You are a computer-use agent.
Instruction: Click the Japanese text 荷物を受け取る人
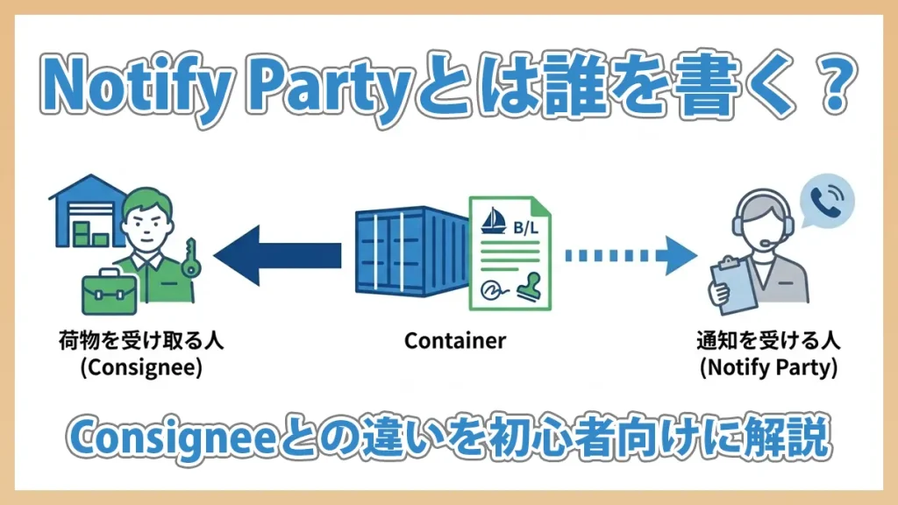[x=141, y=340]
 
